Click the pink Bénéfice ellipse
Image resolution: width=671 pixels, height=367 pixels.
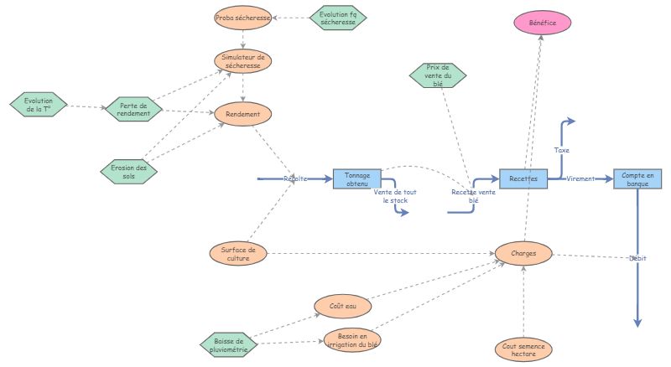pos(542,23)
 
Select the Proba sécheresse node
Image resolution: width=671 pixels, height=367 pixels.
pos(243,18)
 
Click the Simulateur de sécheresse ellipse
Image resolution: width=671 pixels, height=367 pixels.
pos(243,60)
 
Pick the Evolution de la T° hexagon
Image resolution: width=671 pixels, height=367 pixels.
pos(39,105)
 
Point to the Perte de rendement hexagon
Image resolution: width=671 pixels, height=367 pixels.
pos(133,110)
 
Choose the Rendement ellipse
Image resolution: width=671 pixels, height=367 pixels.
pos(243,114)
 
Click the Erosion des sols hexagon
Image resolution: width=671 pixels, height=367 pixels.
pos(128,171)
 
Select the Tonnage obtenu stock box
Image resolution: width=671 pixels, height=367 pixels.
pos(357,178)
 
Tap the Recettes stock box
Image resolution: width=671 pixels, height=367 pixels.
pos(523,178)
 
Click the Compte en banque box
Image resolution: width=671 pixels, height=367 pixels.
pos(637,178)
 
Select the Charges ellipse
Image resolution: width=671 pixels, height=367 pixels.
pos(523,252)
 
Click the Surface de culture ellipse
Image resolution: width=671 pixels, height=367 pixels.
pos(238,253)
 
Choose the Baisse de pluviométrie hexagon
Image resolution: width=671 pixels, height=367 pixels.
pos(228,345)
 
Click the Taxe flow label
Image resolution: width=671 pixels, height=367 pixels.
pos(562,150)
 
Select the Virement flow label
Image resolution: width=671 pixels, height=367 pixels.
pos(580,178)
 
